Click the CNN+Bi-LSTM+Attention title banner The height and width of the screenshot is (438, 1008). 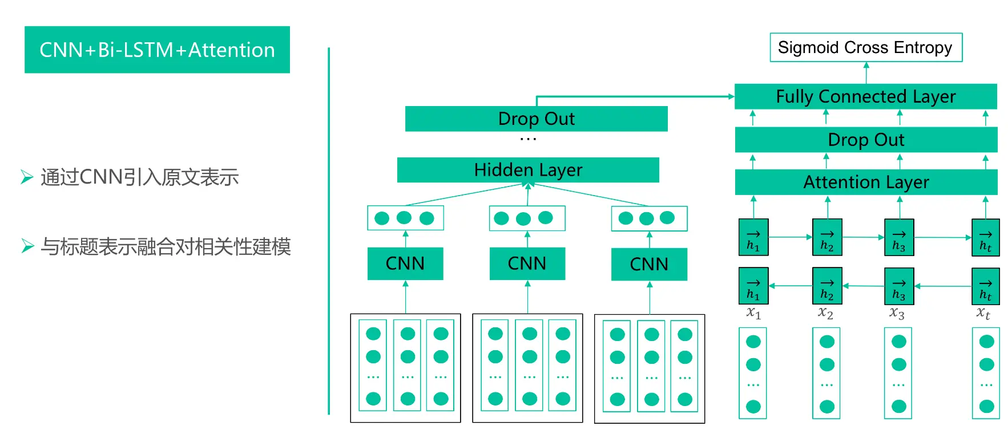[157, 50]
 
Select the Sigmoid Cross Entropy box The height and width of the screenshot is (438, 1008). [865, 47]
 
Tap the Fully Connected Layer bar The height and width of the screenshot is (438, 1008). [865, 96]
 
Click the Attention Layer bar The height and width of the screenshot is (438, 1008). [865, 182]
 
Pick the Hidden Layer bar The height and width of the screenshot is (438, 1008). [528, 170]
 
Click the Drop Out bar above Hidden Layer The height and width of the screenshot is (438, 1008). [536, 119]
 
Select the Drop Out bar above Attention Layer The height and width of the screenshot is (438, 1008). [865, 140]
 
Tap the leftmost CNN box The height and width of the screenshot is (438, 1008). [405, 263]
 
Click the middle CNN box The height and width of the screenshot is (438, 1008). [527, 263]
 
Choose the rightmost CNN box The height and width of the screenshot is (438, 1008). [649, 264]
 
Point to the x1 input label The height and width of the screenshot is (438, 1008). [753, 313]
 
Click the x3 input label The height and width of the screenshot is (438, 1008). [897, 313]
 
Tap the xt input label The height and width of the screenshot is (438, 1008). [983, 313]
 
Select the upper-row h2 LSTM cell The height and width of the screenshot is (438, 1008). [827, 237]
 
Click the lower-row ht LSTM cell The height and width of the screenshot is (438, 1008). [985, 286]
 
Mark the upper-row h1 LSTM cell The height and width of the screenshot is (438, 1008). [753, 237]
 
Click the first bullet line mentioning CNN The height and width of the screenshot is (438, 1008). [139, 177]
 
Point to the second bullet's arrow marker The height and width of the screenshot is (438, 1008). [27, 246]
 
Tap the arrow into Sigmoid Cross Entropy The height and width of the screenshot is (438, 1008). [866, 72]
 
